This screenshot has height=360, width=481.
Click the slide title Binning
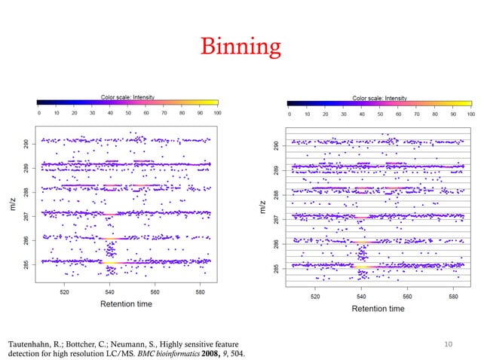[x=240, y=47]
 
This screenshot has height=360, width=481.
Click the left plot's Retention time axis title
[x=127, y=304]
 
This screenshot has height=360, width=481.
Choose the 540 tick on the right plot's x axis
[x=361, y=296]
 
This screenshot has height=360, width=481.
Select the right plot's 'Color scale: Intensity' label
[x=379, y=98]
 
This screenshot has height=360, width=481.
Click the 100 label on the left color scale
[x=217, y=112]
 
